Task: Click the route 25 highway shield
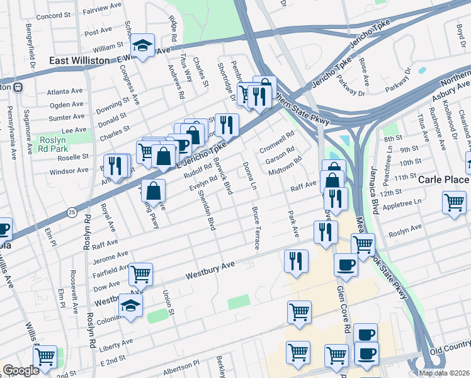72,213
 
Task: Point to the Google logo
21,370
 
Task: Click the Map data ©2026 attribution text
443,373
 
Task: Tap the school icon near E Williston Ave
143,45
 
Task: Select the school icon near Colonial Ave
130,306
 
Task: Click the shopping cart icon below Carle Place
454,203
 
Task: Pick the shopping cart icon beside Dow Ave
141,274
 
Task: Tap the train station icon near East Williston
18,87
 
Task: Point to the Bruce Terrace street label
256,227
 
